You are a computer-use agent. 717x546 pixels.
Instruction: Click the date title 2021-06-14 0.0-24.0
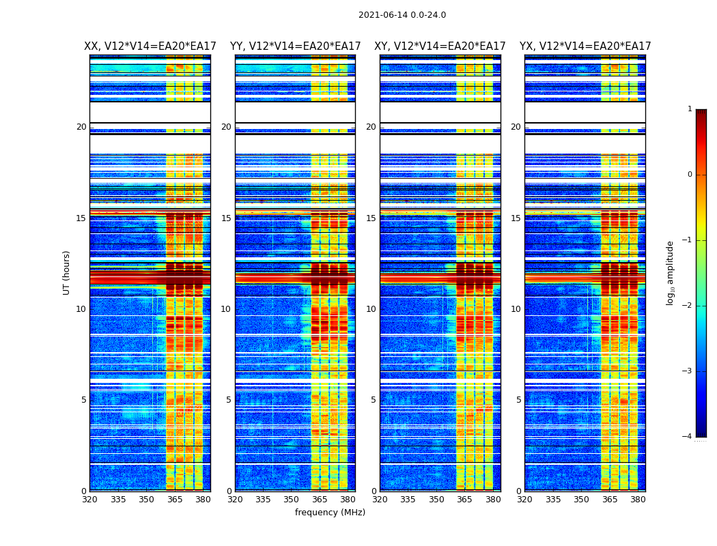click(402, 15)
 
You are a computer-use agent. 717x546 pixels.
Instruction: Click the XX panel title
click(150, 46)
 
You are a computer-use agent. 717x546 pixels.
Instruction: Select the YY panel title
click(295, 46)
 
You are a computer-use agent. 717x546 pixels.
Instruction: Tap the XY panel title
click(440, 46)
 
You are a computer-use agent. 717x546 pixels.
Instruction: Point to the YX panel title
click(585, 46)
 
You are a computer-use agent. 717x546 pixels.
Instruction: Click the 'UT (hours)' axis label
click(67, 272)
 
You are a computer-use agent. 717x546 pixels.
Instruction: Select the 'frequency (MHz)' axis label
click(330, 513)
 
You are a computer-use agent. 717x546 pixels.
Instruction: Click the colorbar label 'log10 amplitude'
click(671, 272)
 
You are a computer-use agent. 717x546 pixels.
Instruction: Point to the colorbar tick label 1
click(690, 109)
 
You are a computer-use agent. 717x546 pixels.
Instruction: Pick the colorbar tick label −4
click(688, 437)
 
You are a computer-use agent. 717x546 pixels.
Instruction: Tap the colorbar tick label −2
click(688, 306)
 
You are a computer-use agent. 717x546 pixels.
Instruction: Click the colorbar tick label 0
click(690, 175)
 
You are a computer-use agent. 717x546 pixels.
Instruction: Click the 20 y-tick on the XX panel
click(81, 127)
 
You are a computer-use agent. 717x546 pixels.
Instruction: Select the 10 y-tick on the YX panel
click(516, 309)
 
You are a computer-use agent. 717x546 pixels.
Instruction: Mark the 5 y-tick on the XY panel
click(373, 400)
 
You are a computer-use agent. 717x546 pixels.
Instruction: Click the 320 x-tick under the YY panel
click(235, 500)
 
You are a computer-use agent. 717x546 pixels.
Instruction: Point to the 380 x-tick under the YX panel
click(638, 500)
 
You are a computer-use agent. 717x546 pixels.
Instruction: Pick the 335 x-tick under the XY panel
click(408, 500)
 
